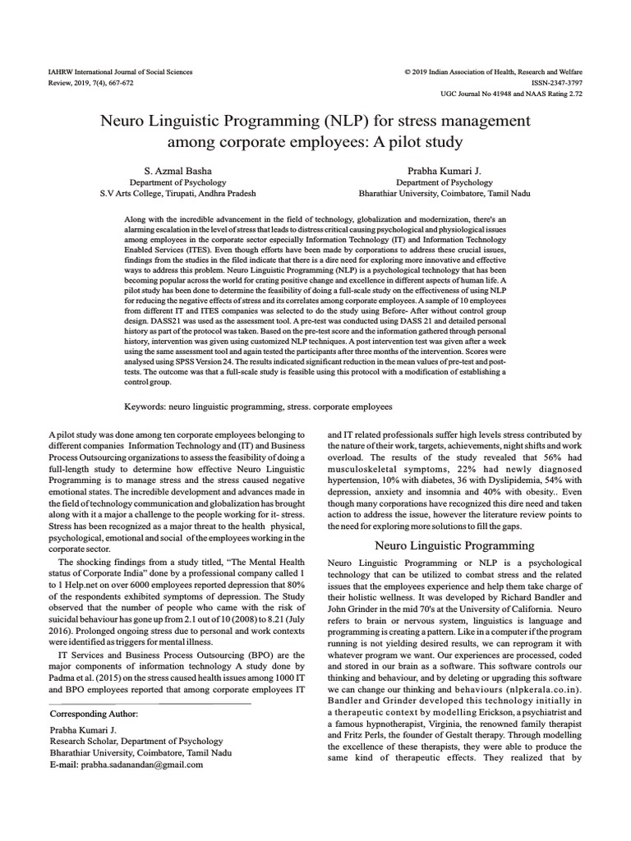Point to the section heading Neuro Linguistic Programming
tap(455, 545)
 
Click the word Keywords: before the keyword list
tap(146, 406)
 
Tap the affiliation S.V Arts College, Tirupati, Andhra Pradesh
tap(177, 194)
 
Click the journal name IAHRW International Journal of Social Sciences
tap(121, 72)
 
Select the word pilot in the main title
tap(376, 142)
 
